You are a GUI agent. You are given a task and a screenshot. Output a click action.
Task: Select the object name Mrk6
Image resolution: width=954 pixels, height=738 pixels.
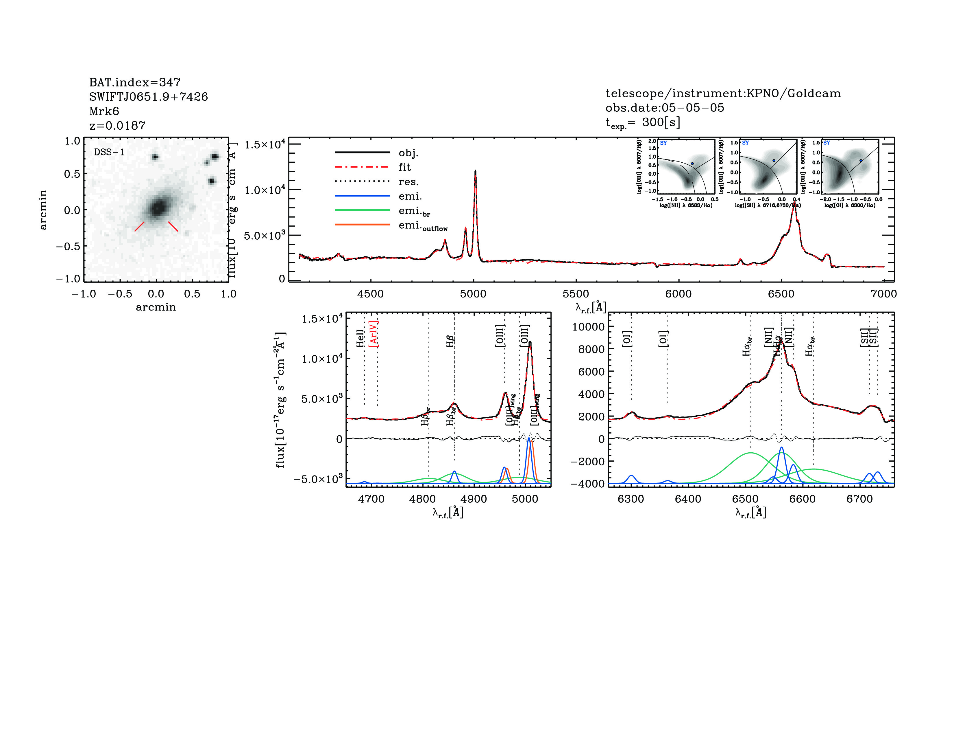coord(104,111)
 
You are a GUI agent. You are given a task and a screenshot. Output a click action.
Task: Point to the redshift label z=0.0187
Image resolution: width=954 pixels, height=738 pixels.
coord(117,126)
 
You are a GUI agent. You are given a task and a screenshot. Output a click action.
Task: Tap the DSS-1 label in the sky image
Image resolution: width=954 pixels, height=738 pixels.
coord(109,152)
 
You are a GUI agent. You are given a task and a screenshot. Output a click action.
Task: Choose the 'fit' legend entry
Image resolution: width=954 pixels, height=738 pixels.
coord(404,167)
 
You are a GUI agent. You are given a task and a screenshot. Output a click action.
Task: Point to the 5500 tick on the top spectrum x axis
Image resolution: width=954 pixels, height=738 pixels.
coord(576,294)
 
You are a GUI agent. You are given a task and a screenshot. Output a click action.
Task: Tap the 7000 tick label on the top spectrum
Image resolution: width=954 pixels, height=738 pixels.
coord(883,294)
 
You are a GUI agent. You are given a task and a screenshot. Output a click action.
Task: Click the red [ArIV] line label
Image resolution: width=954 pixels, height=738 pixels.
coord(374,334)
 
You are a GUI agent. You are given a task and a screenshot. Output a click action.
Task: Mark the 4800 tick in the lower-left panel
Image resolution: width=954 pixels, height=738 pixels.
coord(422,499)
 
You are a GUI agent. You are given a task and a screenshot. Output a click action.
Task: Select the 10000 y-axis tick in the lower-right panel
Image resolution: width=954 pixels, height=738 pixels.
coord(588,326)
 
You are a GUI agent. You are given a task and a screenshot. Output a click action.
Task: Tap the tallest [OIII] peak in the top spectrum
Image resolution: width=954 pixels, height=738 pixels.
coord(475,171)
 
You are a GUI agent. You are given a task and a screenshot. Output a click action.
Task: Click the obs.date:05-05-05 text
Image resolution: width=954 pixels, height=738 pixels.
coord(664,108)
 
